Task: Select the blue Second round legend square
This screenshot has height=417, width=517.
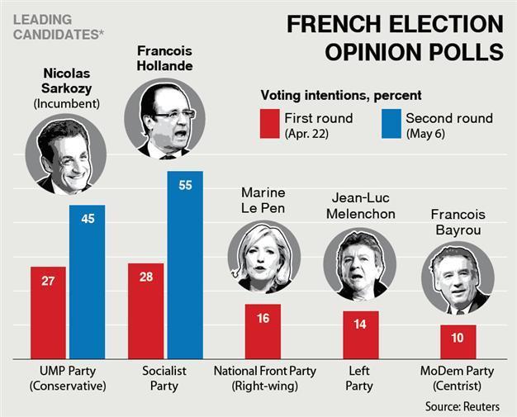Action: click(x=391, y=125)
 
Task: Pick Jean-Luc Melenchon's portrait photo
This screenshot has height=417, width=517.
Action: click(x=357, y=264)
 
